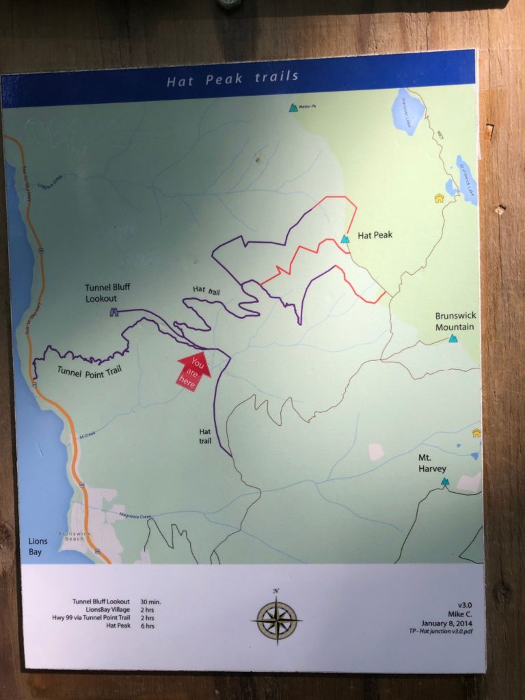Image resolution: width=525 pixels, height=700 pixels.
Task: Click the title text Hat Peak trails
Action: coord(233,78)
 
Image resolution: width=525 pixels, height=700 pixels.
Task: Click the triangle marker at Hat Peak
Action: coord(345,239)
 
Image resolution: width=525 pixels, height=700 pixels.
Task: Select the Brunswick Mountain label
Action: coord(456,321)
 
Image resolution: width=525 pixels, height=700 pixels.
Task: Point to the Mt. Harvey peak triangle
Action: coord(445,482)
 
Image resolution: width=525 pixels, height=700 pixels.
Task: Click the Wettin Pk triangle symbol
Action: coord(293,107)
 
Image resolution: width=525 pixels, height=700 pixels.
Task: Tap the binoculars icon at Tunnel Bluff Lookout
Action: coord(113,312)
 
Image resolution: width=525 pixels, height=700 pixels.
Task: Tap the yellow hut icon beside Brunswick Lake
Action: coord(439,199)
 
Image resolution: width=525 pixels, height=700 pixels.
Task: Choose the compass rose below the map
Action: coord(277,619)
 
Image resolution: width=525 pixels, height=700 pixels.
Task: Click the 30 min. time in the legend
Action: coord(150,602)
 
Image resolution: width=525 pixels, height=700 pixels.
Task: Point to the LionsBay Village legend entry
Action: coord(102,610)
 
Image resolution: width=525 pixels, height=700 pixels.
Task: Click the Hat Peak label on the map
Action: coord(373,236)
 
